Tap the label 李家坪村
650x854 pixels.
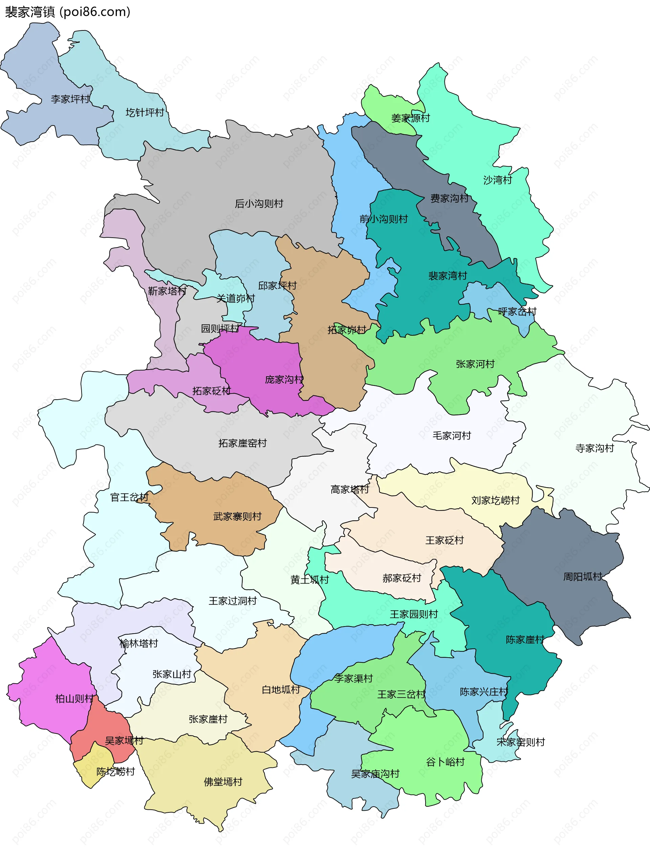coord(70,99)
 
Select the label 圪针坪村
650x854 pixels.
coord(145,113)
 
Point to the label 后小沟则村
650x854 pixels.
coord(259,204)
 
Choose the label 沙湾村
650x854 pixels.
coord(498,180)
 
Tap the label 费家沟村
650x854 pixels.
coord(449,198)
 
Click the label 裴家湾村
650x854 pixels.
coord(447,276)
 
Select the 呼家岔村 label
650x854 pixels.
coord(517,311)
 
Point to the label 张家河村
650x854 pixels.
coord(475,364)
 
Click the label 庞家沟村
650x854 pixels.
coord(284,379)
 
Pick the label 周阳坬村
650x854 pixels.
coord(582,577)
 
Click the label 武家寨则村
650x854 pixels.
coord(237,516)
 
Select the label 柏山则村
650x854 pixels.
coord(74,699)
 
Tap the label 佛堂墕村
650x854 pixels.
coord(223,782)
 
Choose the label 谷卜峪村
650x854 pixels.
coord(445,762)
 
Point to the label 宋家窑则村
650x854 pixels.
coord(520,742)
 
